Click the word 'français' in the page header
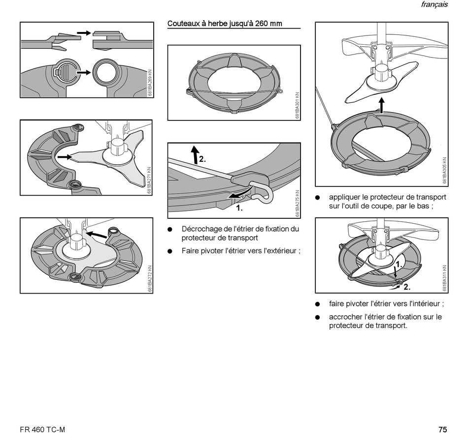click(x=435, y=4)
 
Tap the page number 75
click(x=443, y=430)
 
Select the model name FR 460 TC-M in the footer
click(x=42, y=430)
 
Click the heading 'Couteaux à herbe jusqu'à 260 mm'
click(x=225, y=24)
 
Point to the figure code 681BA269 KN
click(x=150, y=83)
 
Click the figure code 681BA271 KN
click(x=149, y=180)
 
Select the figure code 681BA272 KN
click(x=150, y=279)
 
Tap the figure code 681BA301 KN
click(x=297, y=105)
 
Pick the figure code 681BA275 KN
click(x=297, y=204)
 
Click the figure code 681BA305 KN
click(x=445, y=171)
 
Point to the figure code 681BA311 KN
click(x=445, y=278)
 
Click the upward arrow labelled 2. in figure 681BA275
click(x=195, y=154)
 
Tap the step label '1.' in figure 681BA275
click(x=239, y=208)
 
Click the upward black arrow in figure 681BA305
click(x=381, y=105)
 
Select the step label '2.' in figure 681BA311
click(x=407, y=287)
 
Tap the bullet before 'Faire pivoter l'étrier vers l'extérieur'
click(x=170, y=251)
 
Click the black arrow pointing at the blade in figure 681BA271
click(x=65, y=157)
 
